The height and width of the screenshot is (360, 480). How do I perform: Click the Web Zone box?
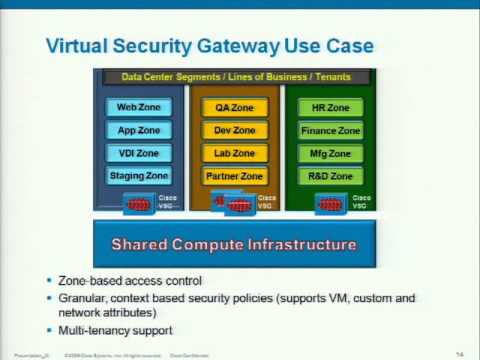click(139, 108)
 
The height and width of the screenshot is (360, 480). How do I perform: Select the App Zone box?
click(139, 130)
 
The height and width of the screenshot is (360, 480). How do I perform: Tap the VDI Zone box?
click(139, 153)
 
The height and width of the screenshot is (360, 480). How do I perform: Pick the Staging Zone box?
click(139, 176)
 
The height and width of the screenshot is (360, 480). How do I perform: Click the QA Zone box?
click(235, 108)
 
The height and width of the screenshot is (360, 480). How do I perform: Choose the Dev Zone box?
click(235, 130)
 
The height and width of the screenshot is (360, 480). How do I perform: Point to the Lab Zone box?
click(235, 153)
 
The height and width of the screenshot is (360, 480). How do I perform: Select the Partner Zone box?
click(235, 176)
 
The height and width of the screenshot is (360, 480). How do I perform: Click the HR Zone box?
click(331, 108)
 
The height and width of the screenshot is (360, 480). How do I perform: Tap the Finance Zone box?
click(331, 130)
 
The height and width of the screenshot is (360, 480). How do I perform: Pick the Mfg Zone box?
click(331, 153)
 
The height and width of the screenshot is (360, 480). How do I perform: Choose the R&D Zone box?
click(331, 176)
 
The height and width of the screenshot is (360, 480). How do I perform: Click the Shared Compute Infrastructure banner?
click(233, 243)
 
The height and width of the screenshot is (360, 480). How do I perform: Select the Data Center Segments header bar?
click(233, 76)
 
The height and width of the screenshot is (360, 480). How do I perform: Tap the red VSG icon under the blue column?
click(140, 203)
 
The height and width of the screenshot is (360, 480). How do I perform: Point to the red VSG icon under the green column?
click(330, 203)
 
